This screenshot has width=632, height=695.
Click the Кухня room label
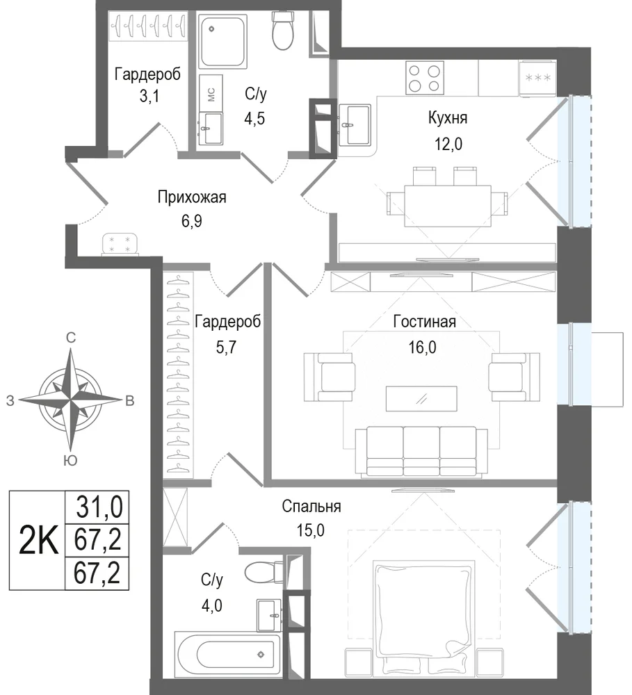448,118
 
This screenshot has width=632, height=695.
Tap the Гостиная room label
424,321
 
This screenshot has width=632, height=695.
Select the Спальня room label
311,506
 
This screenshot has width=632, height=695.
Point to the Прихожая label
192,197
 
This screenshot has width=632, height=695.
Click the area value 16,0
422,347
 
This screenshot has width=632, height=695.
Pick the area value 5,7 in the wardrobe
226,347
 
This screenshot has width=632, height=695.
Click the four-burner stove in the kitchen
424,78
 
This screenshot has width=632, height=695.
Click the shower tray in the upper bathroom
222,41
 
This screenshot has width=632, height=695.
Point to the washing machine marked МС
211,94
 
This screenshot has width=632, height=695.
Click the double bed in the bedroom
424,617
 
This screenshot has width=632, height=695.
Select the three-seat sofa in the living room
421,452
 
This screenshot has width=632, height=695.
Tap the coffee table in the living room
421,399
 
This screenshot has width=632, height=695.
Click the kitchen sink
354,124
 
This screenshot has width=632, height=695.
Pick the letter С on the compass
70,338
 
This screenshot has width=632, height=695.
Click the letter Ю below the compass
70,460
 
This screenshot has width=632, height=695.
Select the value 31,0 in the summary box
99,507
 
